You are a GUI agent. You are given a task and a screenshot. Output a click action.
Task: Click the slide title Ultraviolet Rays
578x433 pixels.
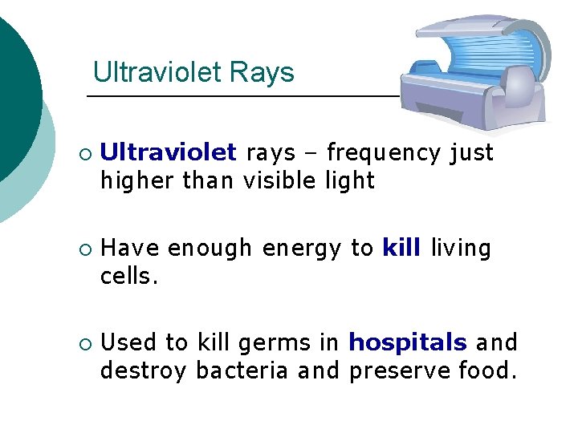click(x=193, y=73)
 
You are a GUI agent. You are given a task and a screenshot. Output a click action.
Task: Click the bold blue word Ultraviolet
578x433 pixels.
click(x=168, y=152)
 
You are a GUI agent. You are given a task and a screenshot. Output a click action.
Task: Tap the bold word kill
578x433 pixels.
click(x=401, y=249)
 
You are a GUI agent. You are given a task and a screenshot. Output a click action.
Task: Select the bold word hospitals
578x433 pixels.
click(x=407, y=343)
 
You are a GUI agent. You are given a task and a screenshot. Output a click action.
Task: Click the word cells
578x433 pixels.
click(x=126, y=277)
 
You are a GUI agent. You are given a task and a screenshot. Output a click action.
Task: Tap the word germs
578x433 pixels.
click(x=276, y=344)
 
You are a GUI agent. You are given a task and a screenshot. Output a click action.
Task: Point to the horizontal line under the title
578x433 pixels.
click(x=241, y=96)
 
